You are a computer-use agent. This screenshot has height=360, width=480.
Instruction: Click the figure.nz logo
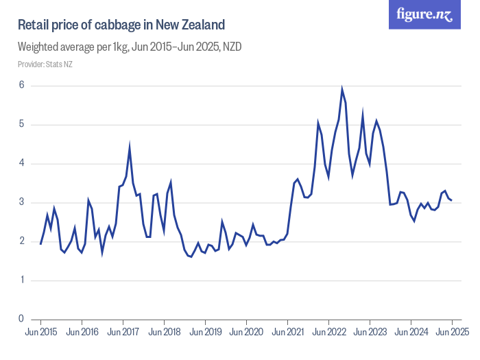click(x=425, y=14)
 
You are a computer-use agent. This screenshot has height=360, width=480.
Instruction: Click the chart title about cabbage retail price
click(x=121, y=25)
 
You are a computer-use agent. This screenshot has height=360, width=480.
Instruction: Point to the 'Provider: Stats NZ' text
click(x=45, y=64)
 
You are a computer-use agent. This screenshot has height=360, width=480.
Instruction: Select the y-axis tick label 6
click(x=21, y=86)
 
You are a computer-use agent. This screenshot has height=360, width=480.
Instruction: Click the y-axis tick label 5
click(x=21, y=125)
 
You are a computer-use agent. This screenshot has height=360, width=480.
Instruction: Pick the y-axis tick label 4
click(x=21, y=163)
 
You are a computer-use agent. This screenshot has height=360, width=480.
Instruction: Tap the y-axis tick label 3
click(x=21, y=202)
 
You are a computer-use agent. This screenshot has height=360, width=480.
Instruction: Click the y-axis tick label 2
click(x=21, y=241)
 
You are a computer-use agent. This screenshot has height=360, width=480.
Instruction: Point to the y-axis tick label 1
click(x=21, y=280)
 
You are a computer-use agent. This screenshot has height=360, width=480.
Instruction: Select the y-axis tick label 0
click(x=21, y=319)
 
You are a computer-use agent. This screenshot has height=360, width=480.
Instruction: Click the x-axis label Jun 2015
click(x=40, y=332)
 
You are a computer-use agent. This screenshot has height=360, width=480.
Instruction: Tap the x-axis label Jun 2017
click(x=123, y=332)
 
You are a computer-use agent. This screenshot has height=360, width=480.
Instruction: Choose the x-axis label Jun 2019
click(x=205, y=332)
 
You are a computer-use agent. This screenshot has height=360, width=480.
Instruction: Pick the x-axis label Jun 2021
click(x=287, y=332)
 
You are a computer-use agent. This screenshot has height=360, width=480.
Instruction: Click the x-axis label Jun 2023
click(x=370, y=332)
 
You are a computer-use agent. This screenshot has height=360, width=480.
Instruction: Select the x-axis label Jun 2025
click(x=452, y=332)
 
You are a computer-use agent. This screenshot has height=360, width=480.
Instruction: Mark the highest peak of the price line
click(x=342, y=89)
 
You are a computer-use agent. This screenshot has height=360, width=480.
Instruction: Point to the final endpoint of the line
click(x=452, y=200)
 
